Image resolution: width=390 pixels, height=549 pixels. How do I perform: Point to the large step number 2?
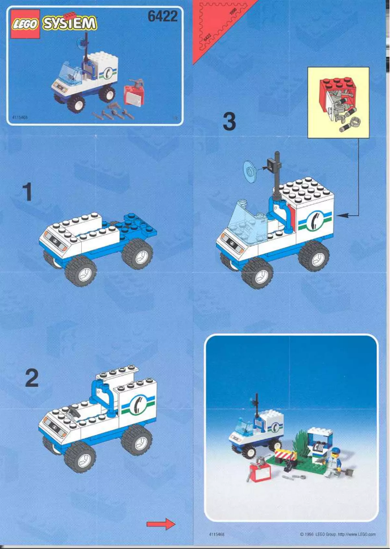[x=31, y=378]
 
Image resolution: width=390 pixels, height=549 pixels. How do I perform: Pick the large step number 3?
[x=229, y=122]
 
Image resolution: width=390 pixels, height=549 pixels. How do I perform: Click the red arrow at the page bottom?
[x=160, y=523]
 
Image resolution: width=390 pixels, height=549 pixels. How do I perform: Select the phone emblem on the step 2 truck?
[x=138, y=404]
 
